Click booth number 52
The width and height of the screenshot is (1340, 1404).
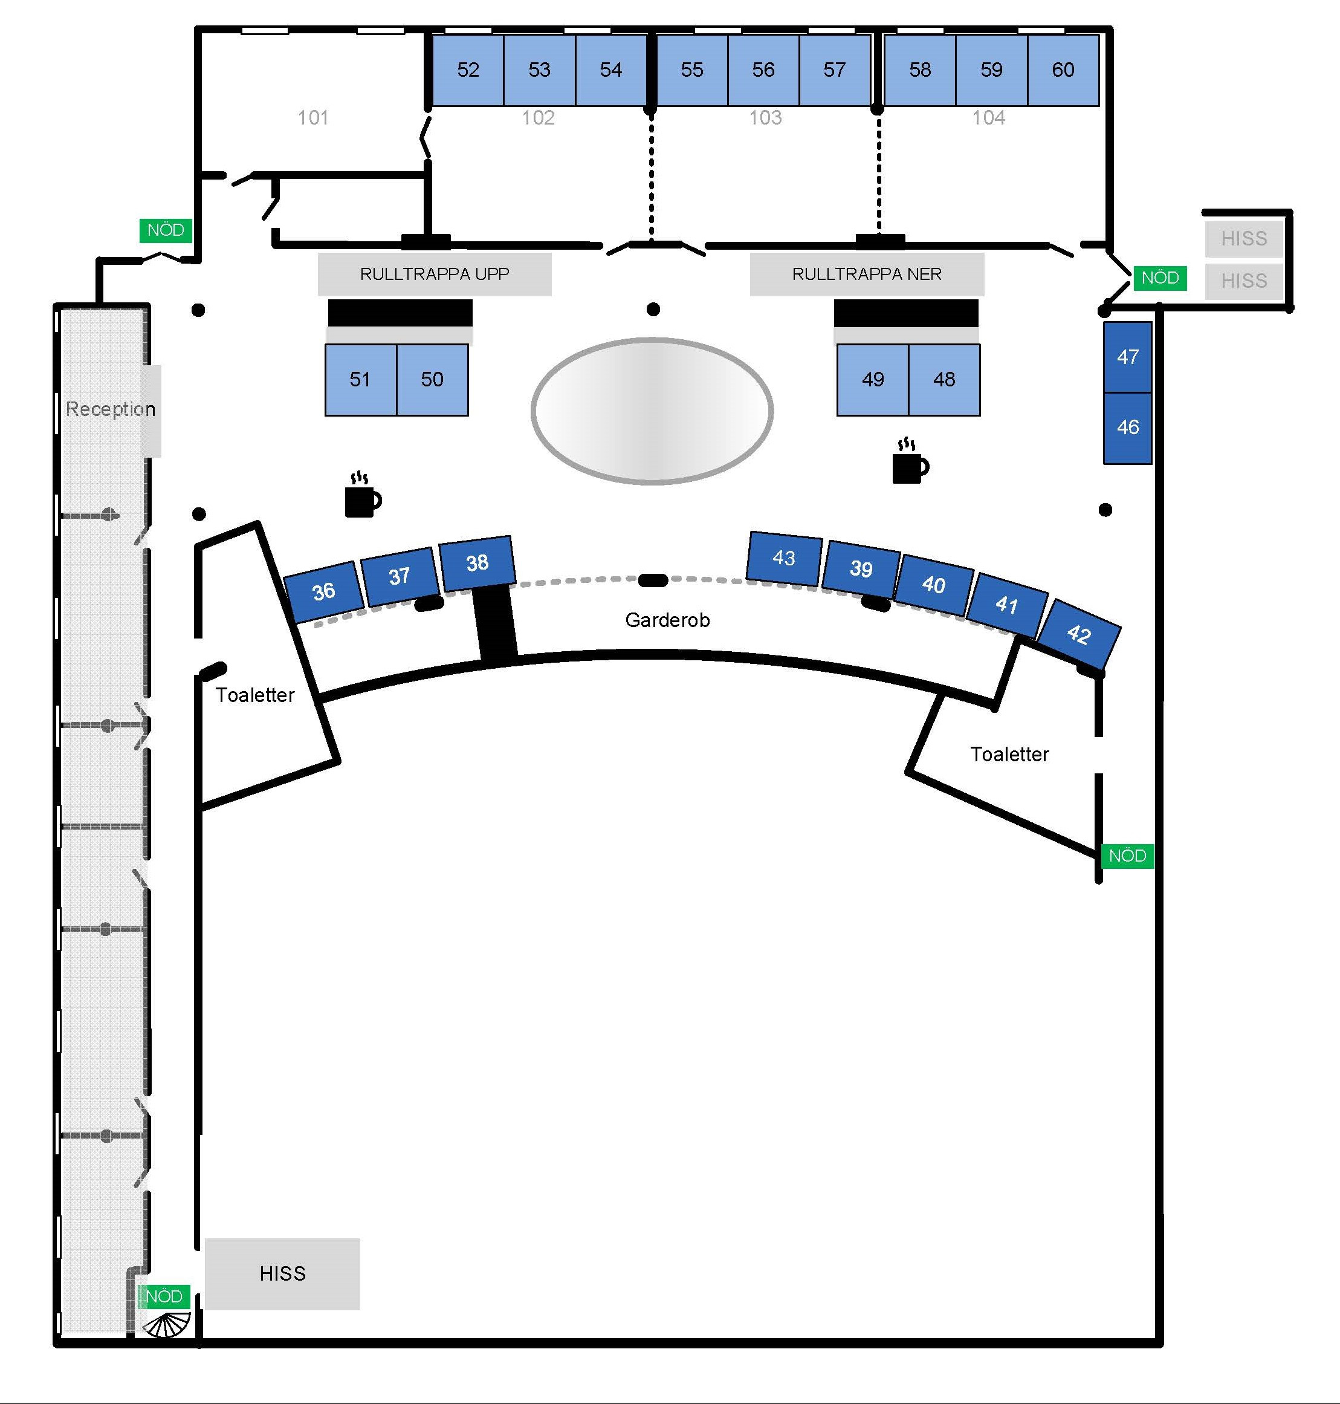(468, 70)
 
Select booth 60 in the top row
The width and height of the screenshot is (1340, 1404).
(1063, 70)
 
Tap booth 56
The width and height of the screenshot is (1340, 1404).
(763, 70)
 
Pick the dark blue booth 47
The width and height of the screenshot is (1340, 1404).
(1127, 357)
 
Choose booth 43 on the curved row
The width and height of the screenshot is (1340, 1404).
(783, 558)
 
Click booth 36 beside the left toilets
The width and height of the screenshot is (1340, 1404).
(323, 591)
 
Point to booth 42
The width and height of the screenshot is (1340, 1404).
(1078, 634)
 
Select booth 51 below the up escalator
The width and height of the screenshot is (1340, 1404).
(361, 379)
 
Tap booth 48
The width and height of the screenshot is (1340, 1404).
(944, 379)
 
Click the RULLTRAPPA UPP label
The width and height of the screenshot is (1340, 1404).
(435, 275)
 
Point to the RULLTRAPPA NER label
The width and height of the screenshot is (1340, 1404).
(866, 275)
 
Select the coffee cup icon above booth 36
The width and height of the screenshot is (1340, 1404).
(363, 495)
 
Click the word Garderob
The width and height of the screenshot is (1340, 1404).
(667, 620)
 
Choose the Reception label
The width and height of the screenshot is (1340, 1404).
(111, 409)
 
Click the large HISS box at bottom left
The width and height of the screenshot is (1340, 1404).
(282, 1274)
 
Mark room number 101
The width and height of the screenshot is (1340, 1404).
(313, 118)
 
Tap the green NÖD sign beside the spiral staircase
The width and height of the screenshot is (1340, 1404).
(164, 1297)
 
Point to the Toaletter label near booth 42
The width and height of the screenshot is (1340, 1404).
(1009, 755)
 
